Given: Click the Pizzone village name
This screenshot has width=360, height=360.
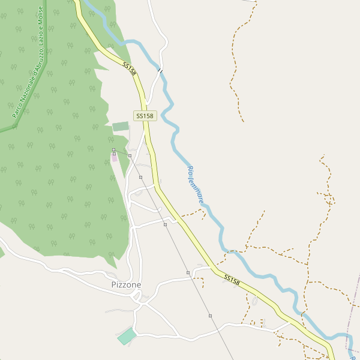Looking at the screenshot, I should [x=126, y=284].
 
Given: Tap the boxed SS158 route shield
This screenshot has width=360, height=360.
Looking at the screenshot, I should [x=145, y=116].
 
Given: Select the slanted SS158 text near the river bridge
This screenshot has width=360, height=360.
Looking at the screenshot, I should [x=129, y=68].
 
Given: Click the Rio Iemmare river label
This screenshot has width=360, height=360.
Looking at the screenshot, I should [x=196, y=184].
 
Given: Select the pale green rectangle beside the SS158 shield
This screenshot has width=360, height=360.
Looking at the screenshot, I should [x=121, y=126].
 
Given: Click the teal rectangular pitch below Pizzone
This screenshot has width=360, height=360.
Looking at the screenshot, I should [x=127, y=336].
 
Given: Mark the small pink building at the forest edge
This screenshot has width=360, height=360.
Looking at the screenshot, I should [x=115, y=158].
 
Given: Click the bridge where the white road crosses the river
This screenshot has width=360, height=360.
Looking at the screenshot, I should [x=160, y=71].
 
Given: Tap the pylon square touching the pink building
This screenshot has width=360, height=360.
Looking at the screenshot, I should [x=114, y=154].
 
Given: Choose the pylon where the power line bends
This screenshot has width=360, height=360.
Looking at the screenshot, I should [x=130, y=155].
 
